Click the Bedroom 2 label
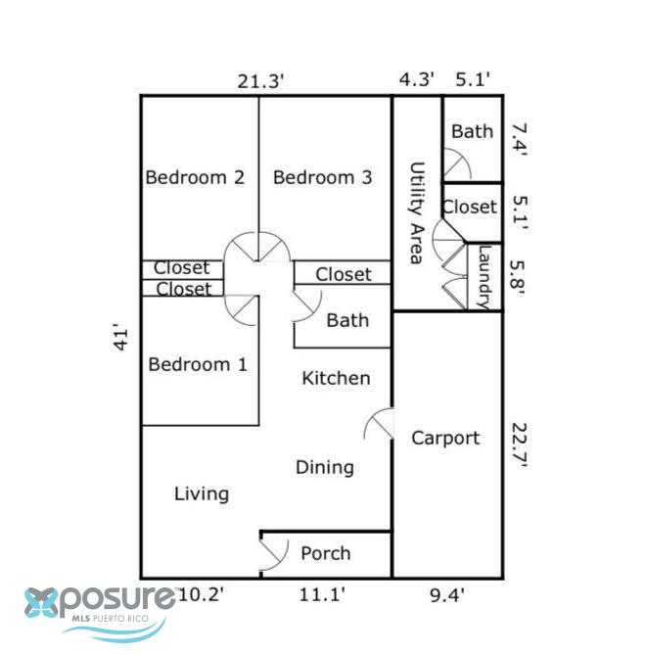[195, 177]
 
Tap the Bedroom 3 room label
[322, 177]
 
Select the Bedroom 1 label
[198, 364]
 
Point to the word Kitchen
[336, 378]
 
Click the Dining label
[325, 467]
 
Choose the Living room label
[202, 494]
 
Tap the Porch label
[326, 553]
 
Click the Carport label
[445, 439]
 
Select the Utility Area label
[417, 213]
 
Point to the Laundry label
[484, 277]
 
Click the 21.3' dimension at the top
[261, 81]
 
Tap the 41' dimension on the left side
[120, 337]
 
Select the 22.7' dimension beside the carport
[520, 445]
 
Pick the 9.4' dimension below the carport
[447, 595]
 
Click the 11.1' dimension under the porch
[322, 594]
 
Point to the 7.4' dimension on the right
[520, 140]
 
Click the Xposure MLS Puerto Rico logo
[100, 612]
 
